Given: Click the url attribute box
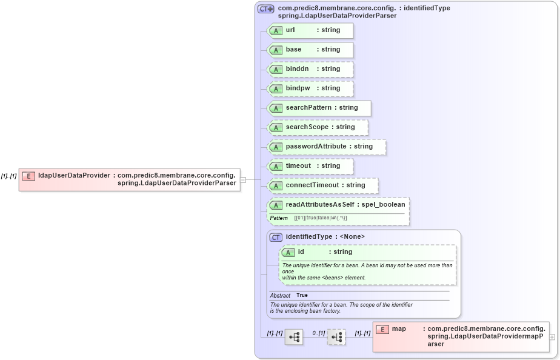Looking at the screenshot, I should tap(310, 30).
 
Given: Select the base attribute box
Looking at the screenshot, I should tap(310, 50).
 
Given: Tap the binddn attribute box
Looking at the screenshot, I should tap(310, 69).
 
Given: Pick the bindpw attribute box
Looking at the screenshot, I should tap(310, 88).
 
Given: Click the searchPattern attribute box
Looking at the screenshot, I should tap(319, 108).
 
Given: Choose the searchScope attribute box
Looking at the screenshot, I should tap(318, 127).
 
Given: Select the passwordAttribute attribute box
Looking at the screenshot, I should tap(327, 147).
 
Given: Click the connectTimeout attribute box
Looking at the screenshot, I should tap(322, 185).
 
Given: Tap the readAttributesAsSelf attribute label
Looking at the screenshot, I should tap(345, 205).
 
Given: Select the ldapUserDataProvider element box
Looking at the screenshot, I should tap(129, 179).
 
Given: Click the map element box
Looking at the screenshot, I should tap(461, 336).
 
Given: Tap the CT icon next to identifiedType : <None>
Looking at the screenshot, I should tap(276, 237).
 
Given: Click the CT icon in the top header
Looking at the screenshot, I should tap(265, 9).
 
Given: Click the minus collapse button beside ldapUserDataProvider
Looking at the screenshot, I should tap(242, 179).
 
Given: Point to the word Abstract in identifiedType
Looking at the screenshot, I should tap(280, 295).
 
